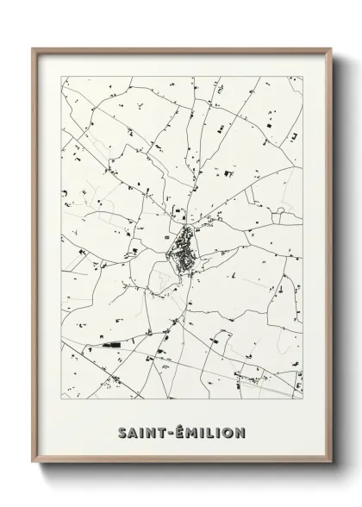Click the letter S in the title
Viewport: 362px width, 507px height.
122,433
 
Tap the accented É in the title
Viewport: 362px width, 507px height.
178,432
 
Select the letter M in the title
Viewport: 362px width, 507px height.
190,433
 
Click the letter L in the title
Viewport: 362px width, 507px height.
206,433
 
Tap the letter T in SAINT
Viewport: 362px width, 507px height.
159,433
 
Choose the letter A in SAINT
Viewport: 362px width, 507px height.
133,433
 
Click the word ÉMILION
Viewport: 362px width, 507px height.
209,433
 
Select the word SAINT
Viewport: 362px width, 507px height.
140,433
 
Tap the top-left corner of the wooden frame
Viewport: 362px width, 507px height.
33,48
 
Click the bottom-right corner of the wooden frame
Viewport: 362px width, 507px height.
333,465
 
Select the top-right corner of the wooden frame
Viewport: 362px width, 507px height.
333,48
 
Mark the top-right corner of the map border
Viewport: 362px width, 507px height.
303,78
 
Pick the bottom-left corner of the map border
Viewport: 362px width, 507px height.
62,397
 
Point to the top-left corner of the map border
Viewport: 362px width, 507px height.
62,78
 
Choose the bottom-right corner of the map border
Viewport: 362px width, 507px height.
303,397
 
